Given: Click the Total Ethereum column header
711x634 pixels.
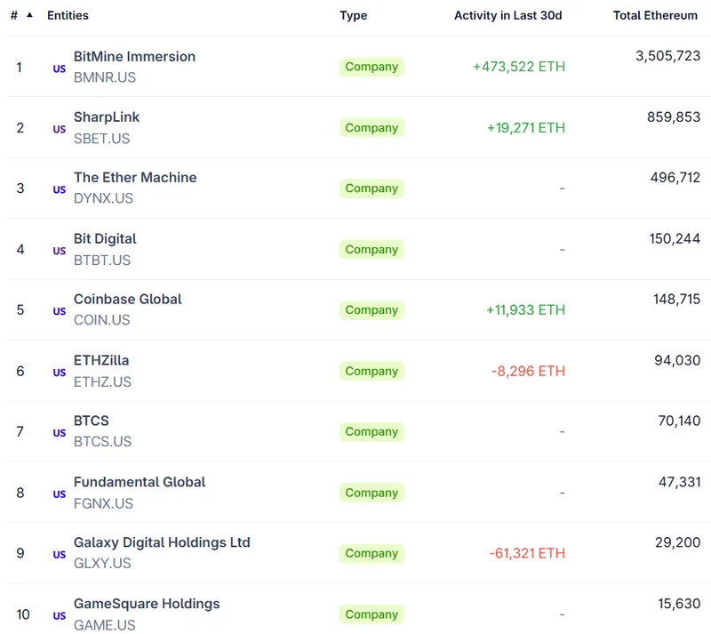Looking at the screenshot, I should pyautogui.click(x=655, y=15).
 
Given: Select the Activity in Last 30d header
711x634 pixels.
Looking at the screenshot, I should pyautogui.click(x=507, y=15).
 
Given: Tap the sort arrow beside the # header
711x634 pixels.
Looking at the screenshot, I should pyautogui.click(x=29, y=15).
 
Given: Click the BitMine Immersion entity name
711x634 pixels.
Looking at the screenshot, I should pyautogui.click(x=134, y=56).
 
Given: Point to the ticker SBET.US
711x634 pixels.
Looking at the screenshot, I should pyautogui.click(x=101, y=138).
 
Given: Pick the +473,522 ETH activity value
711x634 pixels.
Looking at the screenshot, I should pyautogui.click(x=519, y=67).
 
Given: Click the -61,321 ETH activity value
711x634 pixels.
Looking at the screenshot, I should pyautogui.click(x=527, y=553).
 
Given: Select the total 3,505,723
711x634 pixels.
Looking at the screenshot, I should pyautogui.click(x=667, y=56).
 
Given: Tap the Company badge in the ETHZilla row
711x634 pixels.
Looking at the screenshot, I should pyautogui.click(x=371, y=371).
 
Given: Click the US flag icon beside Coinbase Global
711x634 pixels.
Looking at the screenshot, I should pyautogui.click(x=60, y=311).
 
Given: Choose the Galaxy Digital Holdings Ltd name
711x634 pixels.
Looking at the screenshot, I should pyautogui.click(x=162, y=542).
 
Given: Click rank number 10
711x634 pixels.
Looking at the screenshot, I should pyautogui.click(x=23, y=614).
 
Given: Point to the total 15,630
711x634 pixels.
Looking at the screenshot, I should pyautogui.click(x=679, y=603).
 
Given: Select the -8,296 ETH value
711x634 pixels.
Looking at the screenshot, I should pyautogui.click(x=528, y=371).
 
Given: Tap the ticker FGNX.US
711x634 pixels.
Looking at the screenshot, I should pyautogui.click(x=103, y=503).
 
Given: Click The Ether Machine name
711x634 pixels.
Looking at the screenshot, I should pyautogui.click(x=135, y=177).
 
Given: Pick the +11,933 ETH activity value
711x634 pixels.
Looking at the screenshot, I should pyautogui.click(x=525, y=309).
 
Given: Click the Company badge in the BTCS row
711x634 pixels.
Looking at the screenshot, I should pyautogui.click(x=371, y=431).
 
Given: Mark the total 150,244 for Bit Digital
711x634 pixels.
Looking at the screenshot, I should pyautogui.click(x=675, y=238).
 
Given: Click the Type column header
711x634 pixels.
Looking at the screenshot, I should pyautogui.click(x=353, y=15).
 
